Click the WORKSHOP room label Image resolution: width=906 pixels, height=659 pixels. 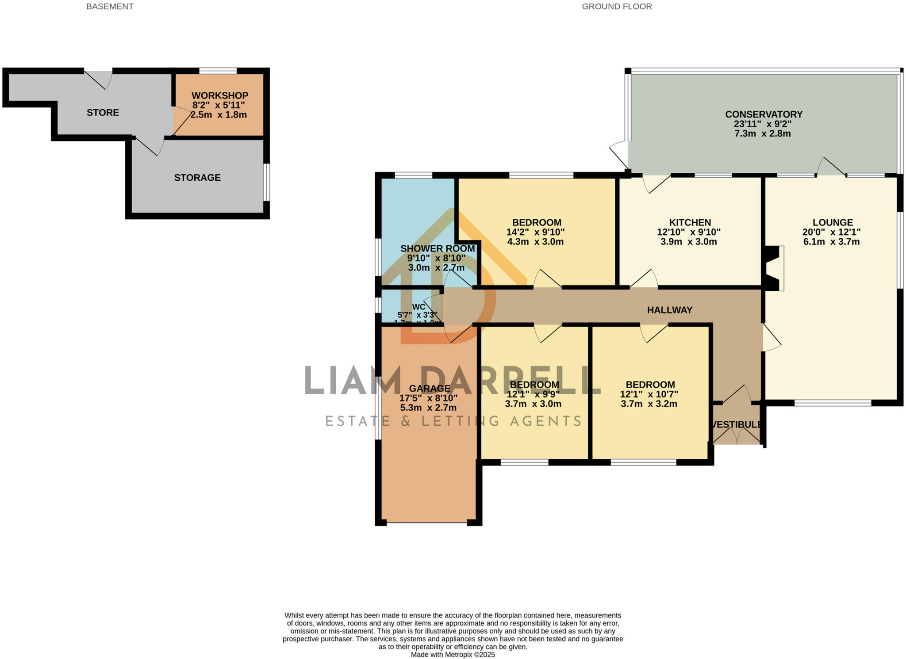[219, 95]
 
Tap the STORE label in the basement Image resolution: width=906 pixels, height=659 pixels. [103, 113]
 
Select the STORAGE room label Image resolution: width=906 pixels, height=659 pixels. [197, 178]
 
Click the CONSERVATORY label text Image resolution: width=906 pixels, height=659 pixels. [764, 114]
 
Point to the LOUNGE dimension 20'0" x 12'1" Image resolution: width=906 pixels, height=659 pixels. [831, 232]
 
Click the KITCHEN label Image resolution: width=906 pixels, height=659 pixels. [690, 222]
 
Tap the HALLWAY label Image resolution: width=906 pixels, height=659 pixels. [669, 310]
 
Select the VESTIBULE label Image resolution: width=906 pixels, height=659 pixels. [737, 425]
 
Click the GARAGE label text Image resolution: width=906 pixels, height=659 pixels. [429, 389]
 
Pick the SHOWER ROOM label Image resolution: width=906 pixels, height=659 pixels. [437, 248]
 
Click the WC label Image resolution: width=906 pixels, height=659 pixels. [418, 307]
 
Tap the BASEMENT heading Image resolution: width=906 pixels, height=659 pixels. [110, 7]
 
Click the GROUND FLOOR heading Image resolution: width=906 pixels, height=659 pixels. [616, 7]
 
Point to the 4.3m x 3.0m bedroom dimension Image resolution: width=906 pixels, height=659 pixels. [535, 242]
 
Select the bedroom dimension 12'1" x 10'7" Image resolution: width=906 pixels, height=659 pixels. [649, 394]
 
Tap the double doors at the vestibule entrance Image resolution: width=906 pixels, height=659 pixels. [737, 435]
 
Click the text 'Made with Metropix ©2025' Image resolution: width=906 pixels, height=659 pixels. [453, 655]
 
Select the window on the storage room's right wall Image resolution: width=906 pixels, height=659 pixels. [267, 182]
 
